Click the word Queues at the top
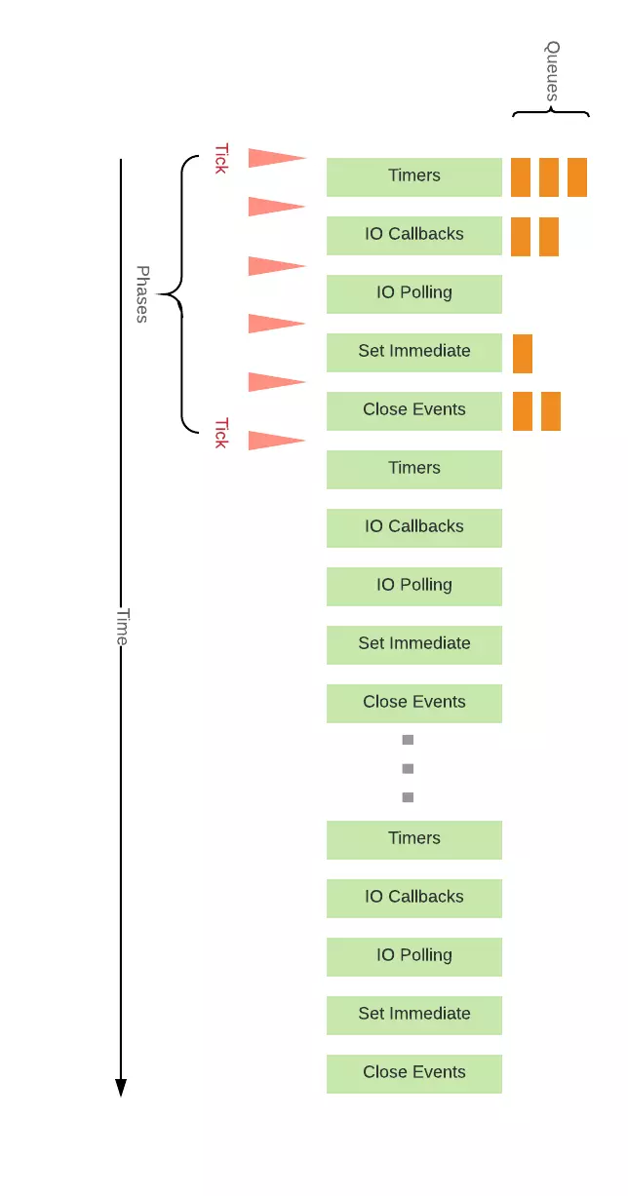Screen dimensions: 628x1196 (552, 71)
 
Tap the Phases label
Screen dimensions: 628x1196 (142, 294)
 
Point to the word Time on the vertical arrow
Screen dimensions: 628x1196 (122, 627)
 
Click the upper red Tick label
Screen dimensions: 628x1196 (221, 159)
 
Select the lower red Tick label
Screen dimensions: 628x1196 (221, 433)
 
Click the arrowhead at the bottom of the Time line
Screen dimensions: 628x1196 (121, 1087)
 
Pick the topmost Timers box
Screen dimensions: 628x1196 (413, 177)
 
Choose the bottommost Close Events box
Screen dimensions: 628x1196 (413, 1074)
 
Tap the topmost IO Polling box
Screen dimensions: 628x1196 (413, 294)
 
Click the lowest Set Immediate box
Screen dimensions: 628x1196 (413, 1015)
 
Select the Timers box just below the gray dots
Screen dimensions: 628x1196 (413, 840)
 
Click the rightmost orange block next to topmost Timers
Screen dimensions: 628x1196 (577, 177)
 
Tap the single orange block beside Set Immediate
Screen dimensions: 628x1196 (523, 354)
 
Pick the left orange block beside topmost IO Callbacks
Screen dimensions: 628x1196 (521, 237)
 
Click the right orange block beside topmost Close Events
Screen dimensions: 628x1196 (551, 411)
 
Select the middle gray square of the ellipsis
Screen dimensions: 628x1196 (408, 768)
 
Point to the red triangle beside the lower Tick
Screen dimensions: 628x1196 (277, 441)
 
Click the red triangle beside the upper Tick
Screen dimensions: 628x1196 (277, 158)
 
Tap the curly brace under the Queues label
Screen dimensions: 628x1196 (551, 112)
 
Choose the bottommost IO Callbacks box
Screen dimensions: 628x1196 (413, 898)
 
